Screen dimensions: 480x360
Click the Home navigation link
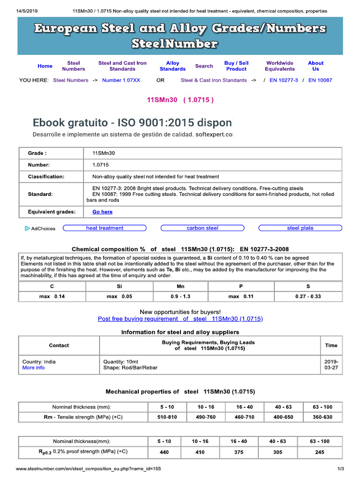pos(45,66)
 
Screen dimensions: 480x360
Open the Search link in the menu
pos(204,66)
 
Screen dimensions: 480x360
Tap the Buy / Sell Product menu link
pos(236,66)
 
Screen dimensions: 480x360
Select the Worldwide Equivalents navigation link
pos(280,66)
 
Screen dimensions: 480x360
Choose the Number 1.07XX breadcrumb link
pos(121,80)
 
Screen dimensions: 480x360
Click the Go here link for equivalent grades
pos(102,212)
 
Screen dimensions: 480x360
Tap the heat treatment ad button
pos(105,228)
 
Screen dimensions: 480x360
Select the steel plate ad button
pos(300,228)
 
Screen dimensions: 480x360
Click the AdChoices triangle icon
pos(27,229)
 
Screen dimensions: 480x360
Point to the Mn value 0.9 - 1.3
pos(180,297)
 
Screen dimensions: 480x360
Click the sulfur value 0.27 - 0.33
pos(308,297)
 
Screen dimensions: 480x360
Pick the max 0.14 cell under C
pos(52,297)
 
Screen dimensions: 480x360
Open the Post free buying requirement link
pos(180,319)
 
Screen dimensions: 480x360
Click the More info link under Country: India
pos(34,368)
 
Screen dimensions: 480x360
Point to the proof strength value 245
pos(320,452)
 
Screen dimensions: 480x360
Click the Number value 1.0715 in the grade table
pos(100,165)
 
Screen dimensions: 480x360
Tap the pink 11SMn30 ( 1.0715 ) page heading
pos(180,100)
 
